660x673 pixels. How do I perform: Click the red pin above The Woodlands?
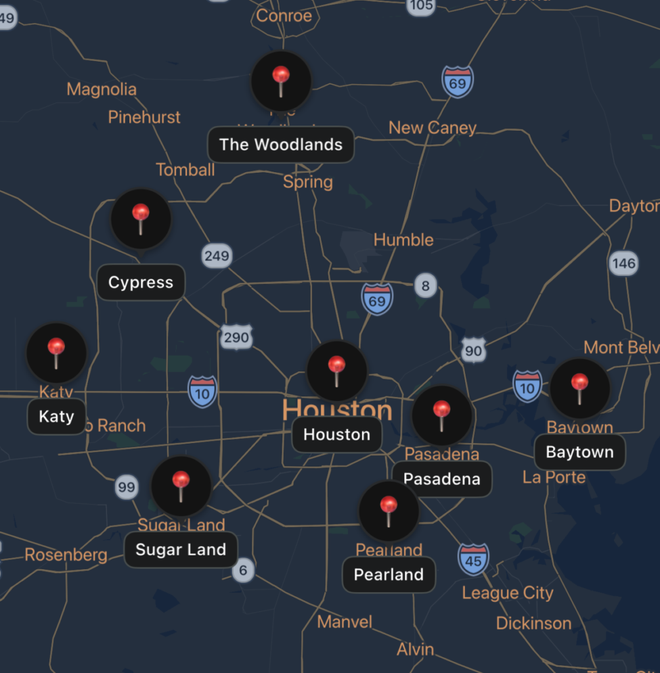click(281, 81)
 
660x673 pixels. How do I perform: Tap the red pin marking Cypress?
click(141, 219)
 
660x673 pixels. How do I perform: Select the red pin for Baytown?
click(579, 388)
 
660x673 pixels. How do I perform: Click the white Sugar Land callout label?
click(181, 550)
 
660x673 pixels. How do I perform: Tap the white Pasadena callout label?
click(441, 479)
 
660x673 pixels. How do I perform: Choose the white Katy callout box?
click(56, 417)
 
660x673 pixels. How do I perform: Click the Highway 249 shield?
click(217, 256)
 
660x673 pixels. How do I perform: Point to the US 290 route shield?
click(236, 338)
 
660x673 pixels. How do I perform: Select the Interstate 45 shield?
click(473, 559)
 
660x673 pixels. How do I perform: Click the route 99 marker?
click(126, 487)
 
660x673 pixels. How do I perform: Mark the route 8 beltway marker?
click(426, 286)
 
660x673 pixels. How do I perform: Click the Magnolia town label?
click(102, 89)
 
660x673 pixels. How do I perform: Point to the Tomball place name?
click(185, 170)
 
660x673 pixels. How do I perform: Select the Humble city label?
click(403, 240)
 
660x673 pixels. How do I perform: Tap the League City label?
click(508, 593)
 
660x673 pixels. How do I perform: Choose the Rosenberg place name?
click(66, 555)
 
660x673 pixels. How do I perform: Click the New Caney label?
click(432, 128)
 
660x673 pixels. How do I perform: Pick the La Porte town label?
click(554, 477)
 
